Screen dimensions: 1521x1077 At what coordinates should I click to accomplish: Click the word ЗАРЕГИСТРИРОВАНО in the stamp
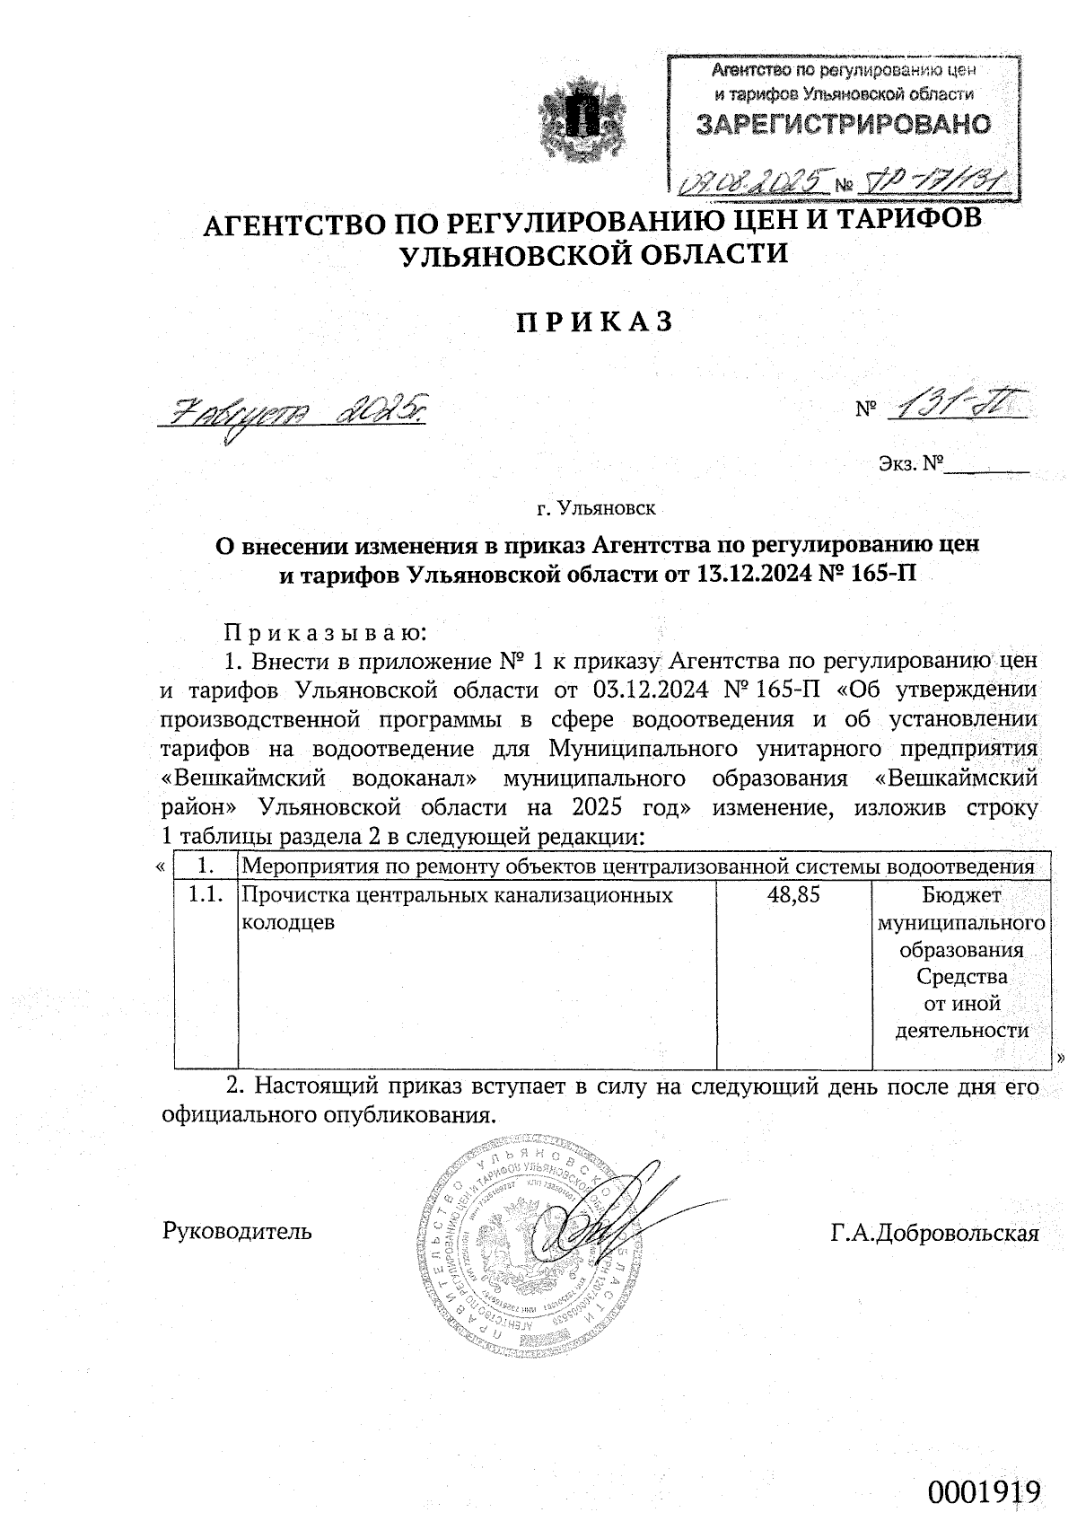point(844,125)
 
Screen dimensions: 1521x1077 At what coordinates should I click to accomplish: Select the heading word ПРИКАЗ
point(593,322)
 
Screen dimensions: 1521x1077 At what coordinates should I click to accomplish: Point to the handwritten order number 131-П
point(953,409)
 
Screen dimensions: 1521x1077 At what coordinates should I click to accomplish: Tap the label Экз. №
point(911,465)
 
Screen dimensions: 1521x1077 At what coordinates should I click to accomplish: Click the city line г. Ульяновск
point(596,509)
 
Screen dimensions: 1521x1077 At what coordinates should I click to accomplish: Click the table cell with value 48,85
point(793,895)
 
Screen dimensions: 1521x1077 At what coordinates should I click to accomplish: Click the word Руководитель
point(237,1230)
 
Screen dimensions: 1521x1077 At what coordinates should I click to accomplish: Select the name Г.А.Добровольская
point(935,1233)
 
